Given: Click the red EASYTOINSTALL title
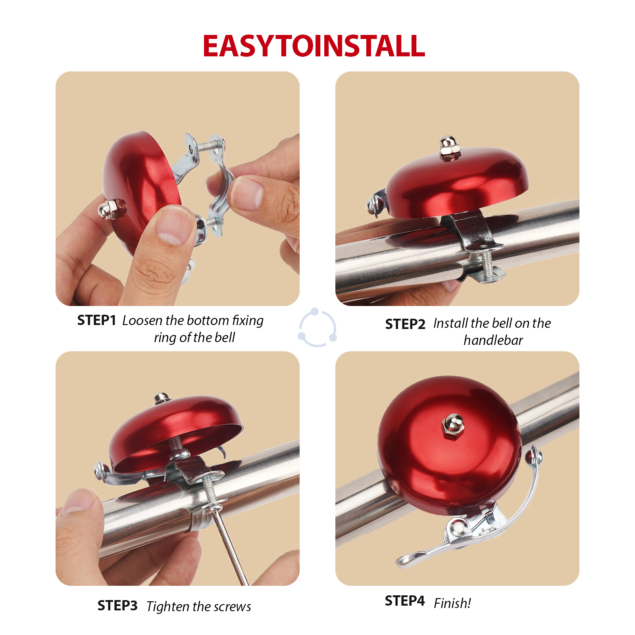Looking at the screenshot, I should click(x=314, y=46).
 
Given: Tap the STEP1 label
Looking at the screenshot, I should click(x=96, y=320).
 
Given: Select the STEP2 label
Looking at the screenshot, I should click(x=405, y=324).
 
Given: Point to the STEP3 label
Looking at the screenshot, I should click(x=117, y=606).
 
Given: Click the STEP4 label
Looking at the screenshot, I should click(x=404, y=601).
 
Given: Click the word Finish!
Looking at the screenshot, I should click(x=452, y=603).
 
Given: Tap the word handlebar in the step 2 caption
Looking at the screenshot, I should click(x=493, y=341).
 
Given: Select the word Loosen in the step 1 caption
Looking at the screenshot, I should click(x=142, y=320).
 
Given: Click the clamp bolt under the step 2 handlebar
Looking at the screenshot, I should click(x=487, y=264).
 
